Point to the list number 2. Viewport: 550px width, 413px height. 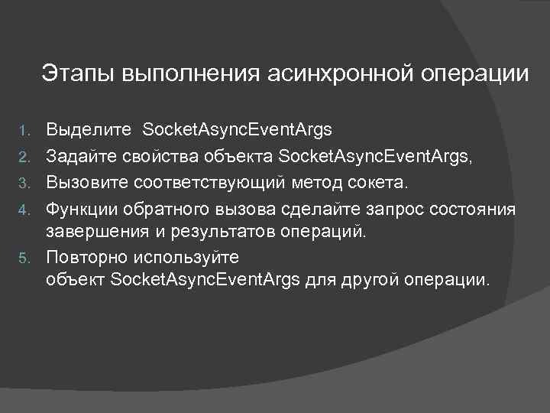click(24, 158)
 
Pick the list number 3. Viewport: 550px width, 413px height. click(24, 184)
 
